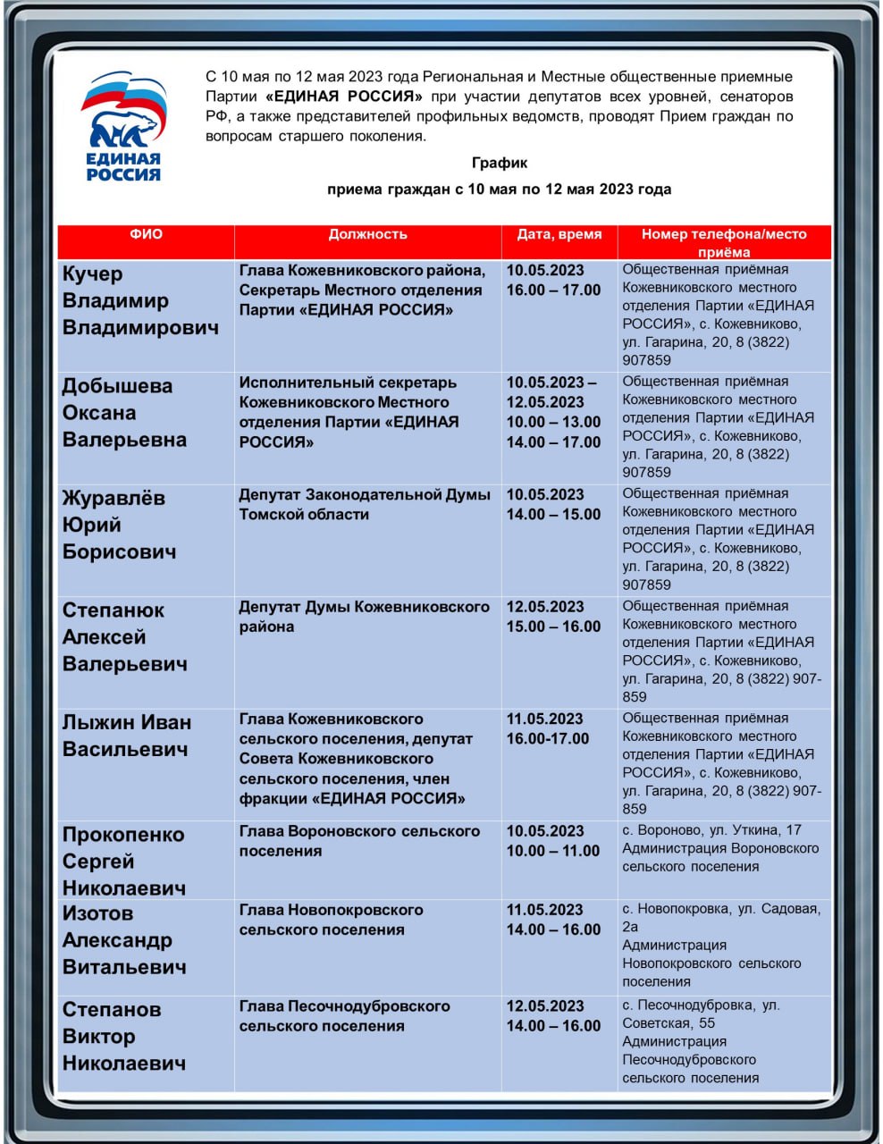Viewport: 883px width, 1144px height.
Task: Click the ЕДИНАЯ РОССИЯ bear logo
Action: pyautogui.click(x=123, y=126)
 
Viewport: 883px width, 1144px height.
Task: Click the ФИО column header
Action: pyautogui.click(x=146, y=234)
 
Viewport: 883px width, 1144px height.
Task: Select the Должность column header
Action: pyautogui.click(x=367, y=234)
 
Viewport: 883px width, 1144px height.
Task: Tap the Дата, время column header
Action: pyautogui.click(x=559, y=234)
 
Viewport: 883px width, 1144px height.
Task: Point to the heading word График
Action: pyautogui.click(x=499, y=163)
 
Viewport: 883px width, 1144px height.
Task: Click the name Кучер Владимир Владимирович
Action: pyautogui.click(x=140, y=300)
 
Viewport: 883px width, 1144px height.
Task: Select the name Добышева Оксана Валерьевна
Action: pyautogui.click(x=124, y=413)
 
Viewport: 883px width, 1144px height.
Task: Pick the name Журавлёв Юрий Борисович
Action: pyautogui.click(x=119, y=525)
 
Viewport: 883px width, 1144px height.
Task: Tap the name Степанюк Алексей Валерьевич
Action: pyautogui.click(x=124, y=637)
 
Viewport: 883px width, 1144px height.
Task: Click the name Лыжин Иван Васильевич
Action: pyautogui.click(x=126, y=736)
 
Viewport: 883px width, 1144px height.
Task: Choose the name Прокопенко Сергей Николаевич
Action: pyautogui.click(x=124, y=861)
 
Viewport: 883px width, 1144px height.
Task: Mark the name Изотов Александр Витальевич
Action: pyautogui.click(x=124, y=939)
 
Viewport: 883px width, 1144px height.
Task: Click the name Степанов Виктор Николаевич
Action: pyautogui.click(x=124, y=1036)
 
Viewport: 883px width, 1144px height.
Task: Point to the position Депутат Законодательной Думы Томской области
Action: pyautogui.click(x=365, y=504)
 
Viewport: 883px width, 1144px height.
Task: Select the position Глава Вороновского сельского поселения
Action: pyautogui.click(x=359, y=840)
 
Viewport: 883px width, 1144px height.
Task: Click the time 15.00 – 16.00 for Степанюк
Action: pyautogui.click(x=553, y=627)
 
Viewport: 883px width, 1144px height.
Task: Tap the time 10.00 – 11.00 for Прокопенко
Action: pyautogui.click(x=553, y=851)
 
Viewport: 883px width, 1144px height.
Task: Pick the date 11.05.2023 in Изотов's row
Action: pyautogui.click(x=544, y=910)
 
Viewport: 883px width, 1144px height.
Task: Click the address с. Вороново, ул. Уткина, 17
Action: pyautogui.click(x=712, y=829)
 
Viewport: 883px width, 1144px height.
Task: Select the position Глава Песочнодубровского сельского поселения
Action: pyautogui.click(x=344, y=1015)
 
